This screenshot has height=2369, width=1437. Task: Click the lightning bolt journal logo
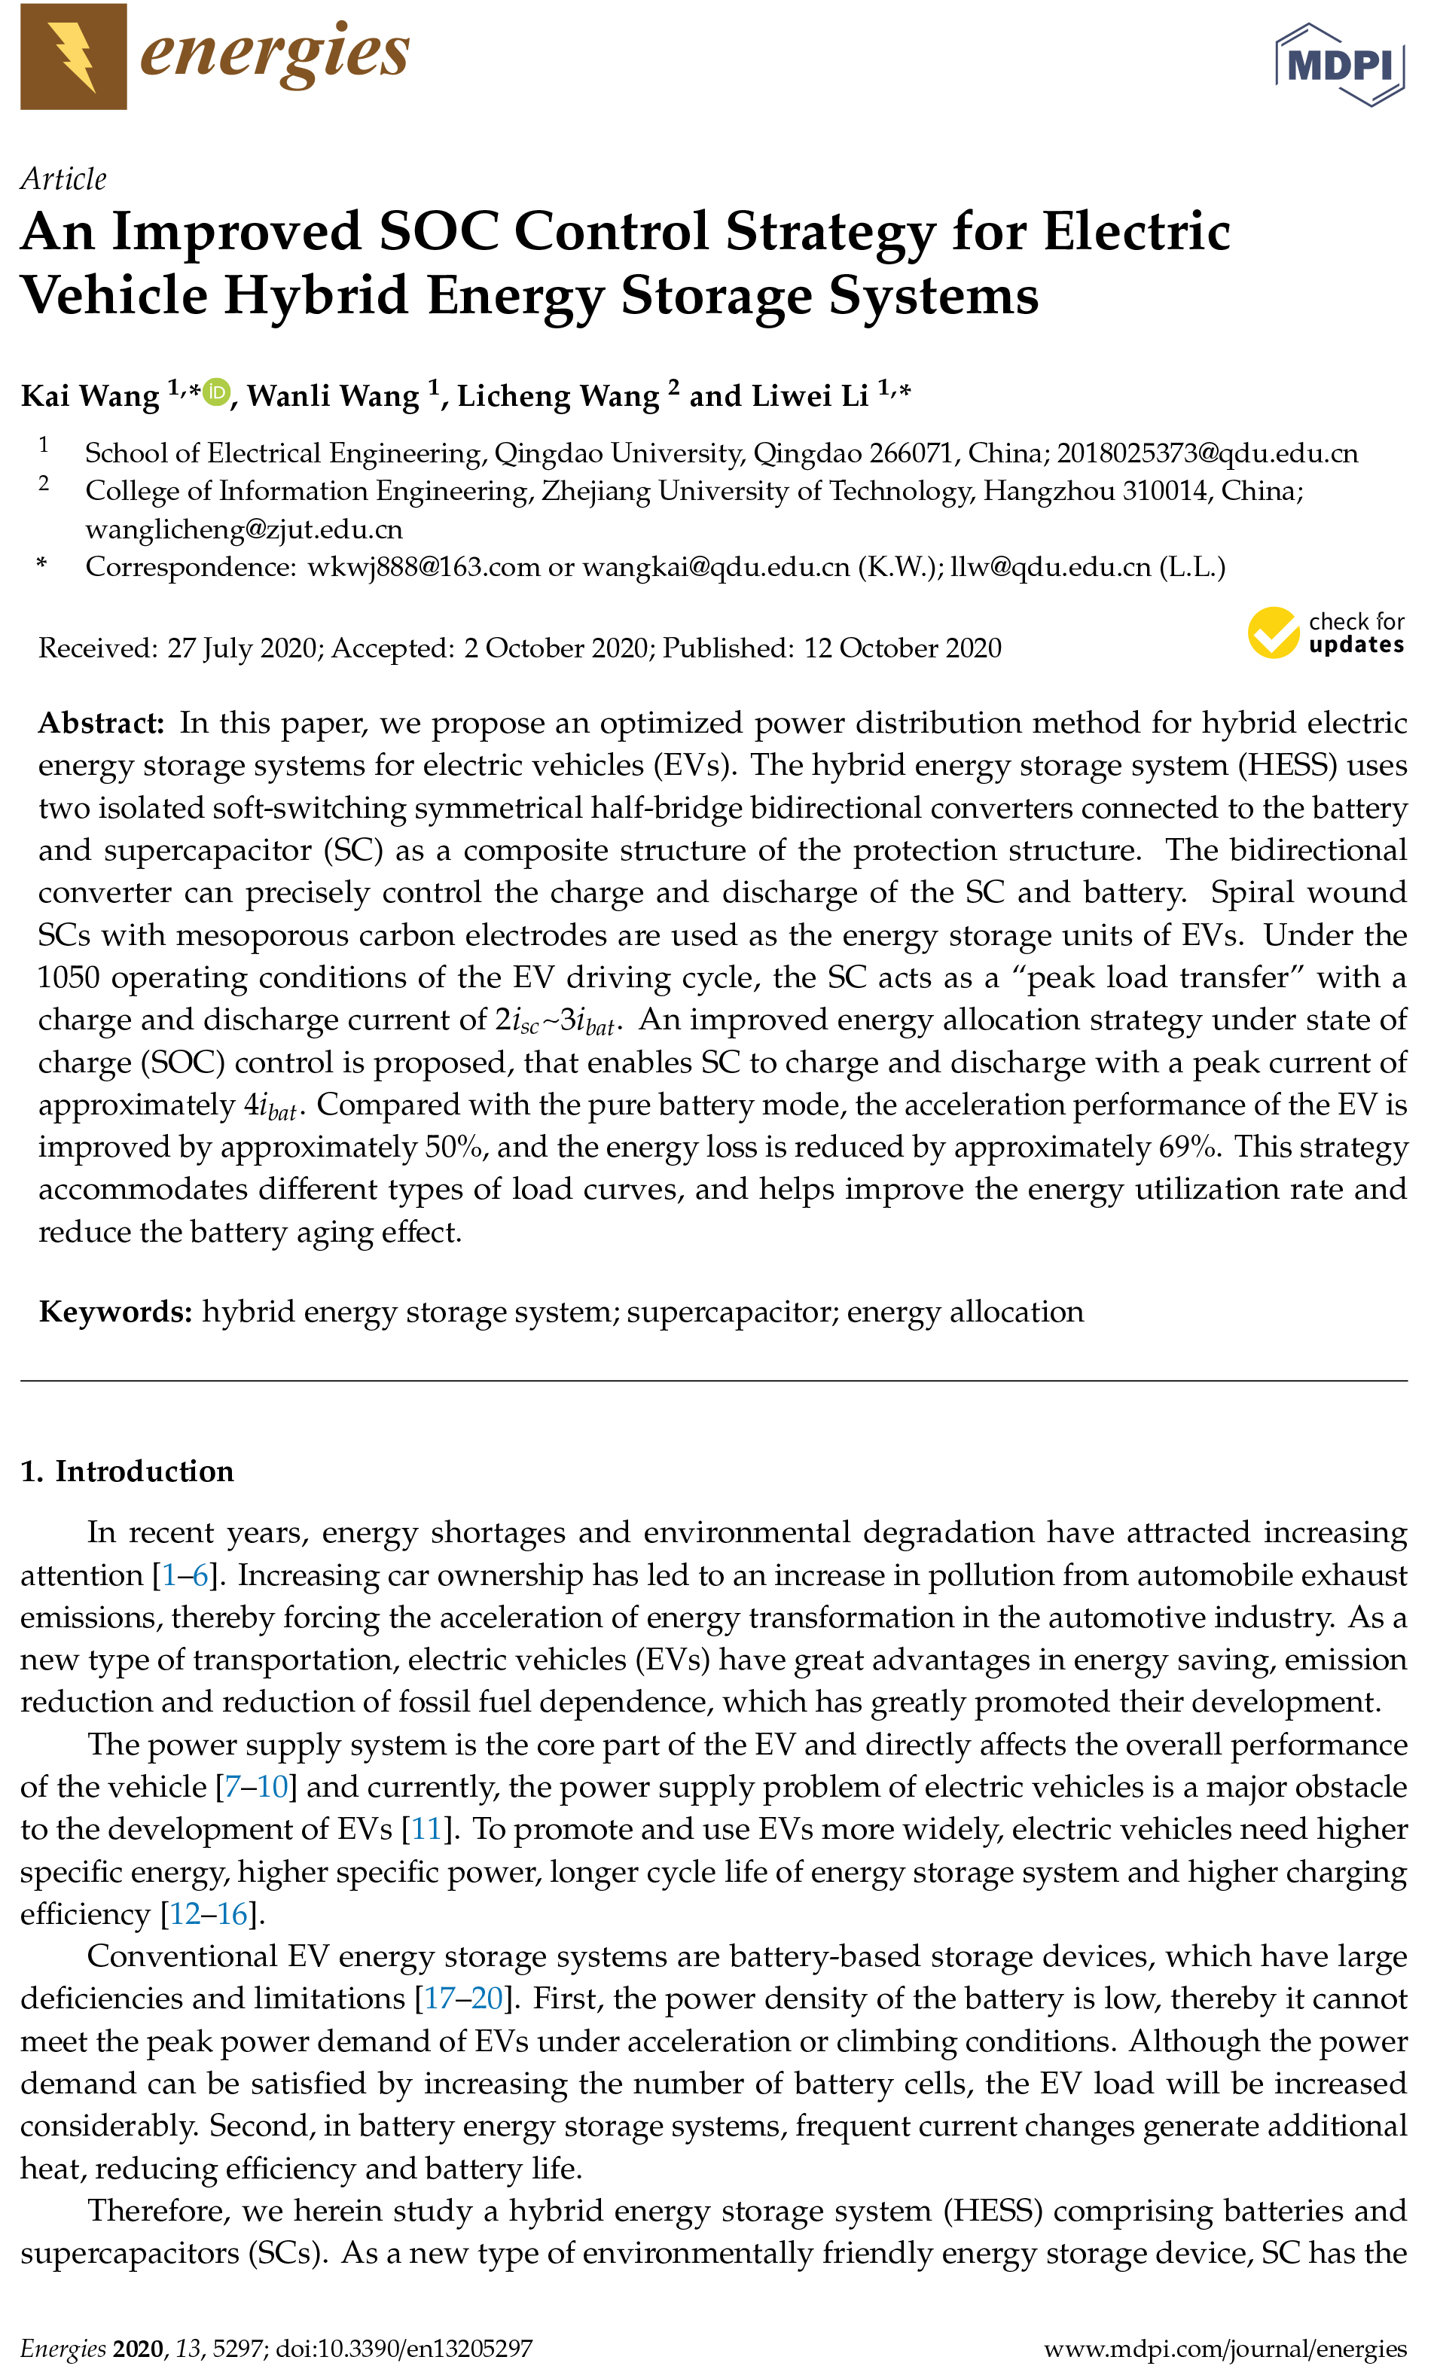click(x=73, y=56)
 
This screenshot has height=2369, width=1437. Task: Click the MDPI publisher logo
click(x=1339, y=65)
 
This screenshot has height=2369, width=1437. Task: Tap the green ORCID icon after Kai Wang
click(x=216, y=392)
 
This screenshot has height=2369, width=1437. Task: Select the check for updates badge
click(x=1326, y=633)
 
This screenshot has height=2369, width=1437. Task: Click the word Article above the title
click(x=63, y=178)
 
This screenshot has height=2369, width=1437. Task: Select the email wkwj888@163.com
click(x=423, y=567)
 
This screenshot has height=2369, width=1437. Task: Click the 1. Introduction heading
click(x=127, y=1471)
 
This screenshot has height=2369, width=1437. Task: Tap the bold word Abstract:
click(x=101, y=723)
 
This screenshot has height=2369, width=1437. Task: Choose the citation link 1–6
click(x=185, y=1575)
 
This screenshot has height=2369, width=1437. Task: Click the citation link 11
click(x=426, y=1828)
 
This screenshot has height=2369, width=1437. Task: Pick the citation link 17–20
click(x=464, y=1998)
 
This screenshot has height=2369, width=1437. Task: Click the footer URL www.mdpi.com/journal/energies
click(x=1225, y=2349)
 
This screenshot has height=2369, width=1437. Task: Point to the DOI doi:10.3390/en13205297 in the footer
click(x=404, y=2349)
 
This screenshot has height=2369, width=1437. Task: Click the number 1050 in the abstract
click(x=69, y=977)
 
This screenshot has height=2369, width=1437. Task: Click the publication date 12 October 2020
click(x=902, y=648)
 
